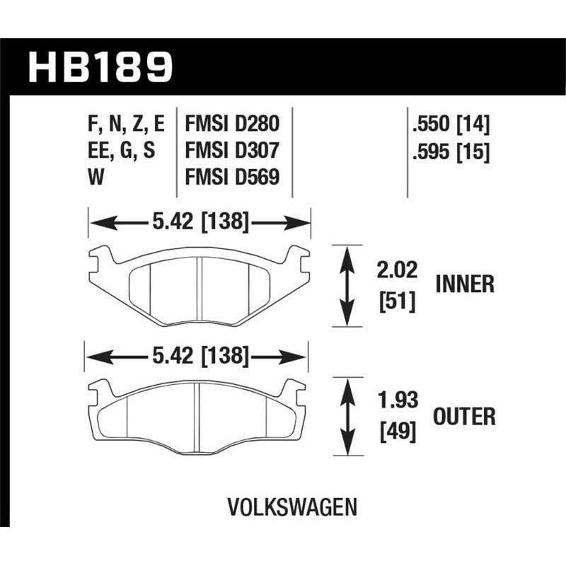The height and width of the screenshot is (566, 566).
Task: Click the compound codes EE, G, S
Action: (x=119, y=151)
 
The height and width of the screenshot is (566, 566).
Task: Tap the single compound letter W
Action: (x=96, y=178)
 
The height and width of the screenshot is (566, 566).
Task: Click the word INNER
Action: (x=464, y=284)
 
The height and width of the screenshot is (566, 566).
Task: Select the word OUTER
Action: (x=464, y=416)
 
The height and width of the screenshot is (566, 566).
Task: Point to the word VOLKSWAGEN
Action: (x=292, y=507)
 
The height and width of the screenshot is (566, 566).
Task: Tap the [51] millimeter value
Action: (x=397, y=302)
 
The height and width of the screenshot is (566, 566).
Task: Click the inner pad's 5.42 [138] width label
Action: (x=199, y=222)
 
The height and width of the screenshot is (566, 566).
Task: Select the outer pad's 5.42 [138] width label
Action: (x=199, y=357)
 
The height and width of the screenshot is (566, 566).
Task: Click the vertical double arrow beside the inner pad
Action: (x=347, y=286)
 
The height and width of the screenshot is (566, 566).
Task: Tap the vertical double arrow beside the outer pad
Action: (x=347, y=417)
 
